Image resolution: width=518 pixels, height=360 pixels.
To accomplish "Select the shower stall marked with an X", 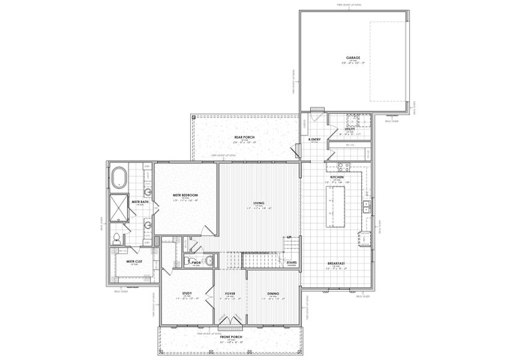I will pos(120,208).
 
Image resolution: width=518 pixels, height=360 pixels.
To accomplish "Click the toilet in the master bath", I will pos(115,238).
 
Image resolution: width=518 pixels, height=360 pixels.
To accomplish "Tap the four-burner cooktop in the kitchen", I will pos(343,167).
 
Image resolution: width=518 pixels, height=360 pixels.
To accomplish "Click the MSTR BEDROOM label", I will pos(185,194).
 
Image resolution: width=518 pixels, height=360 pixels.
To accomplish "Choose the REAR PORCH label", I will pos(245,137).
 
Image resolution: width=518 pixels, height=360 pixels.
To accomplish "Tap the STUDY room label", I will pos(187,293).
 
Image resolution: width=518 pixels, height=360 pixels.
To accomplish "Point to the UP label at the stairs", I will pos(289,238).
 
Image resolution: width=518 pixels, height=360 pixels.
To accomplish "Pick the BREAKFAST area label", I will pos(336,263).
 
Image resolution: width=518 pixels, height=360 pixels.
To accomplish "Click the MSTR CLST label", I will pos(134,262).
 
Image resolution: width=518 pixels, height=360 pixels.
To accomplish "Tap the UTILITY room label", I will pos(350,129).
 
